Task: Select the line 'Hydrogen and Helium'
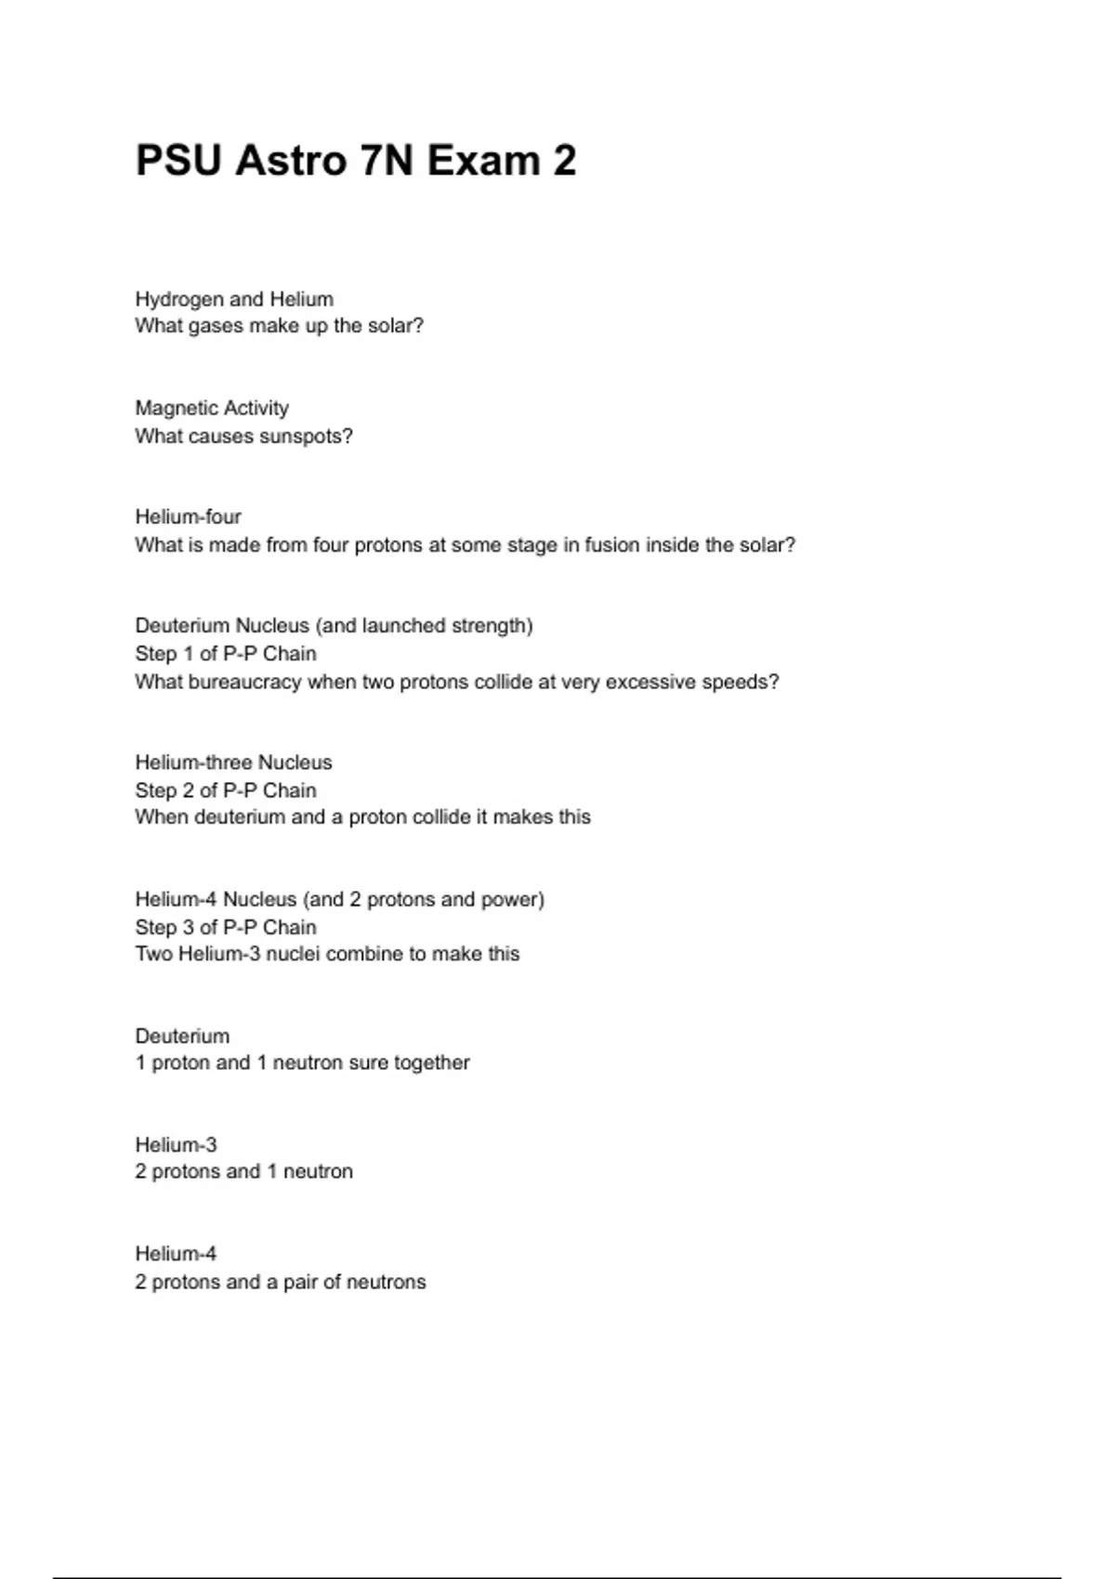click(234, 299)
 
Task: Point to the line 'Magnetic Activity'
click(212, 408)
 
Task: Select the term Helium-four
click(188, 516)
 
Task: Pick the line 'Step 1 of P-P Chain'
click(226, 653)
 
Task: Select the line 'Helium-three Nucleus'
click(233, 763)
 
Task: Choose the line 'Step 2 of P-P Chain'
click(226, 790)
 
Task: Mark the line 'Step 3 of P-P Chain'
click(226, 927)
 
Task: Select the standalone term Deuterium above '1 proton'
click(182, 1036)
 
